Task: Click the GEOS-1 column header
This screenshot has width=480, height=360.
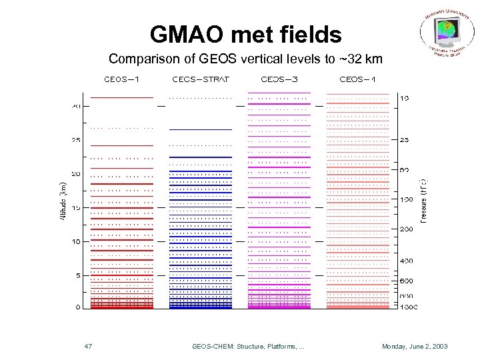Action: pyautogui.click(x=122, y=79)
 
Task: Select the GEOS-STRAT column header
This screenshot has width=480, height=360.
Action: pyautogui.click(x=201, y=79)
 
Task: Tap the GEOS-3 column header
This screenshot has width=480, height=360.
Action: pyautogui.click(x=279, y=79)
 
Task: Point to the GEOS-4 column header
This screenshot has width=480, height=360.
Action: pyautogui.click(x=357, y=79)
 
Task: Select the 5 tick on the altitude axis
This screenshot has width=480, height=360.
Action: pyautogui.click(x=78, y=275)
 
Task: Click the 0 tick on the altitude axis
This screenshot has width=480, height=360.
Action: pyautogui.click(x=78, y=307)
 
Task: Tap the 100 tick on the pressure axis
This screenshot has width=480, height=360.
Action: pyautogui.click(x=405, y=200)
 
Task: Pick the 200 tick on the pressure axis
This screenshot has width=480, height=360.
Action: pyautogui.click(x=405, y=229)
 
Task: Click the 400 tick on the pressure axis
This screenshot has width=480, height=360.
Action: pyautogui.click(x=405, y=260)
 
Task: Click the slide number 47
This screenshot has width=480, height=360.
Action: pyautogui.click(x=89, y=347)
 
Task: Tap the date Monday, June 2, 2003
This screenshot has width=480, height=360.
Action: pyautogui.click(x=415, y=347)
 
